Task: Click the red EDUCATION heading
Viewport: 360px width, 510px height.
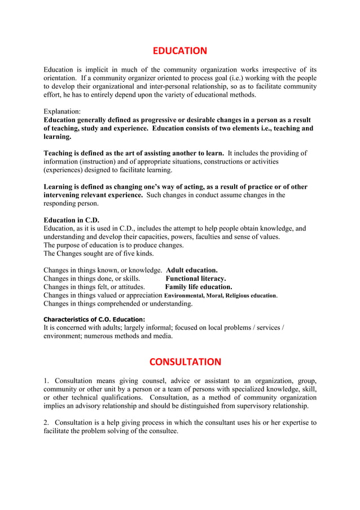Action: coord(180,51)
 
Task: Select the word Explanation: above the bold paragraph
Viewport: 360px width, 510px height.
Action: coord(62,112)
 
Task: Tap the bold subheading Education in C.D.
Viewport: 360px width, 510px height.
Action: coord(71,220)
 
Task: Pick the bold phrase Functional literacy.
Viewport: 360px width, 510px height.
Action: coord(195,278)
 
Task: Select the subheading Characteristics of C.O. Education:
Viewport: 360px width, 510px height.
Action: coord(94,319)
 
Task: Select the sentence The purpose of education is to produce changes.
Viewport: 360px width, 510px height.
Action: coord(113,245)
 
